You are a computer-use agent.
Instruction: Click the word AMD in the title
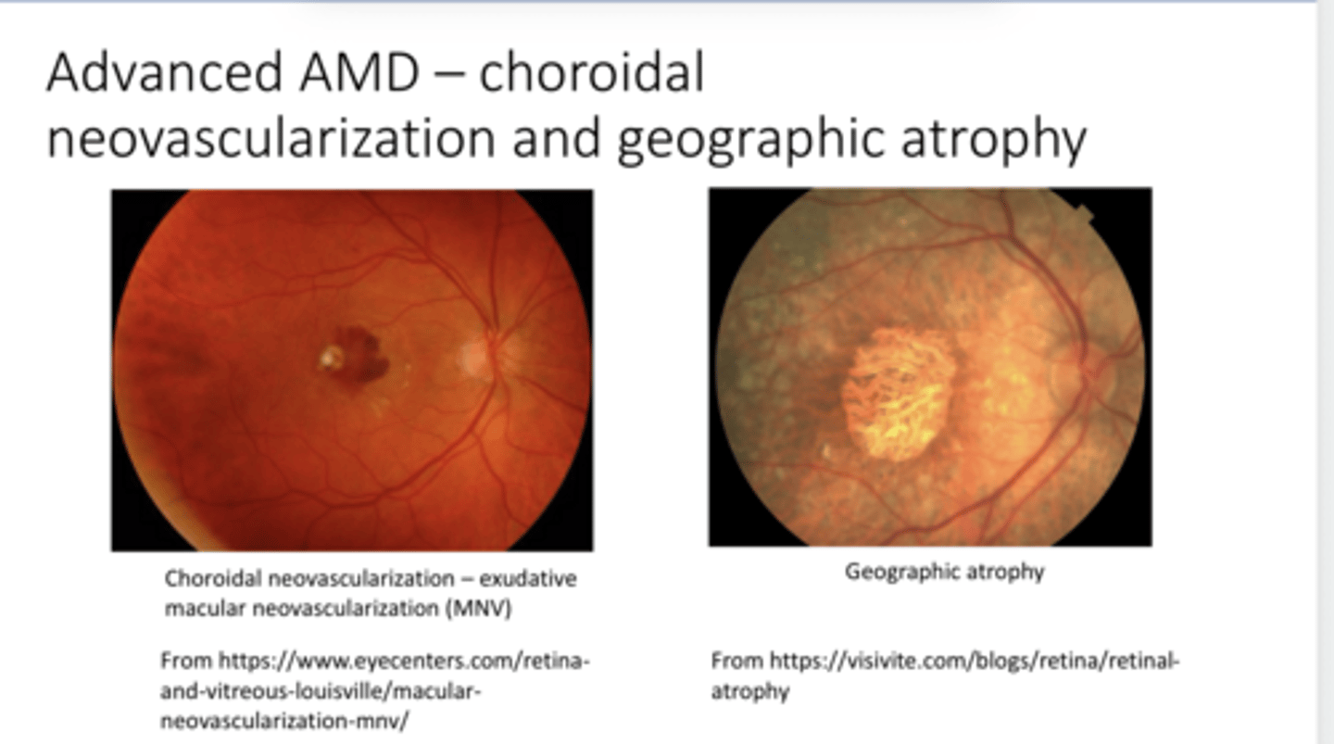click(x=358, y=74)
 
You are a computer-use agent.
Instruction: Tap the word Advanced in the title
click(x=162, y=74)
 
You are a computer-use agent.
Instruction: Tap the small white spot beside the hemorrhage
click(x=330, y=357)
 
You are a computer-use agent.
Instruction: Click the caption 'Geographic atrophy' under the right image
click(x=944, y=572)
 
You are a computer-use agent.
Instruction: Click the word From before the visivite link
click(x=737, y=662)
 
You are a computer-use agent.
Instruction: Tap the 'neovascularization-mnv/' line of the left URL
click(x=283, y=721)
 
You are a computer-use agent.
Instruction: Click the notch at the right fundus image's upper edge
click(x=1083, y=216)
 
